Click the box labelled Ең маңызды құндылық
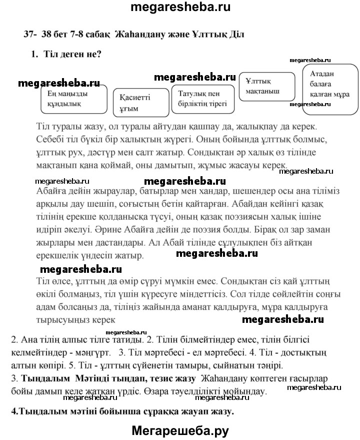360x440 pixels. (74, 99)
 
